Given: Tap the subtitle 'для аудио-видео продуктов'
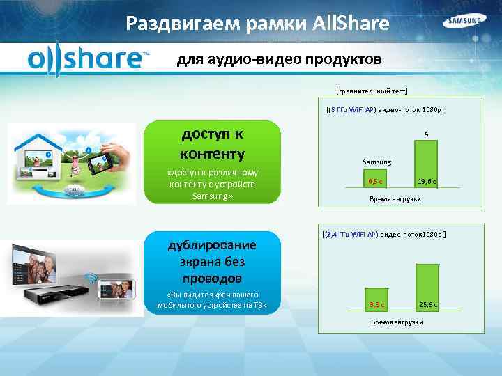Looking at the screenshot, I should pos(279,60).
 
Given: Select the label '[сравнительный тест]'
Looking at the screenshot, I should pos(372,91).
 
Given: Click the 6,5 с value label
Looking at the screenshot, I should pos(376,182).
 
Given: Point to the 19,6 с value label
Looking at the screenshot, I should pos(427,182).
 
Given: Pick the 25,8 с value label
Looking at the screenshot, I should pos(428,305).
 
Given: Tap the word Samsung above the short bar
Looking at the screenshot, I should pos(376,162).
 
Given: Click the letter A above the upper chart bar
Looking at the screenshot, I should pos(425,134).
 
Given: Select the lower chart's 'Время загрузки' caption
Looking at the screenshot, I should pos(397,322).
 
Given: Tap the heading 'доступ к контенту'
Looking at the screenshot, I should pos(212,143).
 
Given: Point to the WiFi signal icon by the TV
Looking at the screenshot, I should pos(90,279).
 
